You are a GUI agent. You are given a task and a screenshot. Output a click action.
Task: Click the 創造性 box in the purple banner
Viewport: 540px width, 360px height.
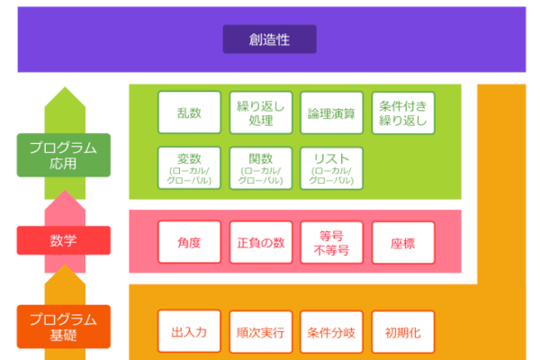tap(269, 39)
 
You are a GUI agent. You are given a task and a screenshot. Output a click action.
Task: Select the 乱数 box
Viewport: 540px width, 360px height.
tap(189, 112)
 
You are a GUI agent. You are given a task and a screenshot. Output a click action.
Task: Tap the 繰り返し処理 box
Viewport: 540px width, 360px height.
tap(260, 112)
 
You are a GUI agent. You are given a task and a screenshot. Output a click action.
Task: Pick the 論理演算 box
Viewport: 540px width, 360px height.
tap(331, 112)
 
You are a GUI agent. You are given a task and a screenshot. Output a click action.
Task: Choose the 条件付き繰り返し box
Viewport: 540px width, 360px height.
tap(403, 112)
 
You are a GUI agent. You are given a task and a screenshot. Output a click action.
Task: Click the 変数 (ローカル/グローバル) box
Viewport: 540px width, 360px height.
tap(189, 168)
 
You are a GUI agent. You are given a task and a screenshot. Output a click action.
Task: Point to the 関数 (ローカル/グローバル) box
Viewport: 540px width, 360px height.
tap(260, 168)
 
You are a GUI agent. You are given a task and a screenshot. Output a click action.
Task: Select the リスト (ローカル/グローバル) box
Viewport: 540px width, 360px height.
tap(331, 168)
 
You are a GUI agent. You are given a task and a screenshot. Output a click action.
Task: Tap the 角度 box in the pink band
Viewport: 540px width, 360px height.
tap(189, 242)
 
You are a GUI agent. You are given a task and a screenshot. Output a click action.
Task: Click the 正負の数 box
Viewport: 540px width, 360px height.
tap(260, 242)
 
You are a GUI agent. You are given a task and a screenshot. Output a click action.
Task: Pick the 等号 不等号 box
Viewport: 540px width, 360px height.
tap(331, 242)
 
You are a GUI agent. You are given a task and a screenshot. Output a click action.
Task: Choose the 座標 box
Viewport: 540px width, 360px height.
tap(403, 242)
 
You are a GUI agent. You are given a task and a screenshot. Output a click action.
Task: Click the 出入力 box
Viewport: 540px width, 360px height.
tap(189, 332)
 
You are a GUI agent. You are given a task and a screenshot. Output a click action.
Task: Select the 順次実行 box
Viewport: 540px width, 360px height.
tap(260, 332)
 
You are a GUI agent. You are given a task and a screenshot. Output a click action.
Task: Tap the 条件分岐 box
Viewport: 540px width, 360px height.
tap(331, 332)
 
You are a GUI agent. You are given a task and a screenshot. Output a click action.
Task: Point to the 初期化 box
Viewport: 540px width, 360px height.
tap(403, 332)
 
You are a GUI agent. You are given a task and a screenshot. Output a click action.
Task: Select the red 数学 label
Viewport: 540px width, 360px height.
tap(64, 240)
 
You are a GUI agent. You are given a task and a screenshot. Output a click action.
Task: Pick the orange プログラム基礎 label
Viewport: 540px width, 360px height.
tap(64, 327)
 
